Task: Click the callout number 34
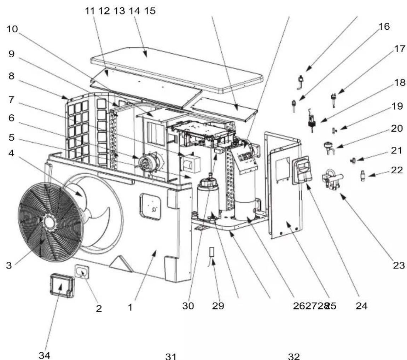[44, 355]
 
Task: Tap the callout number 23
[399, 266]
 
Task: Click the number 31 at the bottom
[171, 356]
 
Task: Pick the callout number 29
[218, 306]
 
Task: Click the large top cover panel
[177, 69]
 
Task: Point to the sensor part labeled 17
[333, 97]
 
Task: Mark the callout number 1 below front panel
[130, 308]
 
